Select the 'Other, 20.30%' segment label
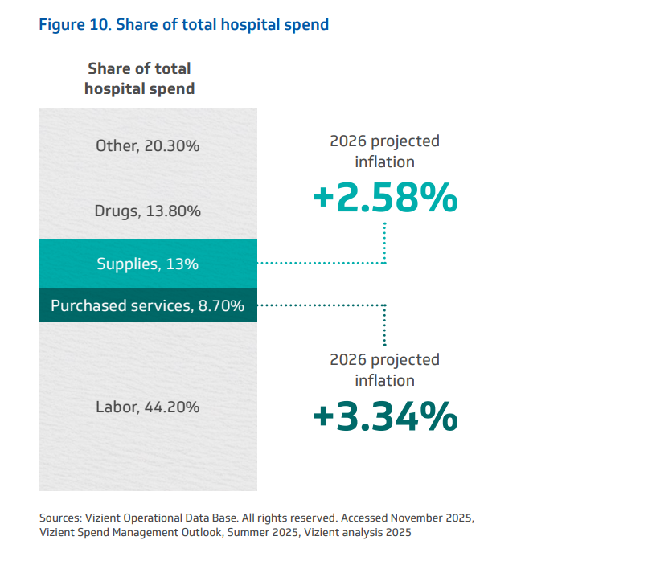click(147, 146)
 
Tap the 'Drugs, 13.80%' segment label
click(147, 211)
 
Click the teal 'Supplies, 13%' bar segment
click(147, 264)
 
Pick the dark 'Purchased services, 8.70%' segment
click(147, 305)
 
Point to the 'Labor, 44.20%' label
click(147, 407)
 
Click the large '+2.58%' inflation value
click(385, 199)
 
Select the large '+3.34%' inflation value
click(385, 416)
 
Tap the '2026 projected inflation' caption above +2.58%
click(385, 151)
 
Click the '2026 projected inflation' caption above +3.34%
click(385, 370)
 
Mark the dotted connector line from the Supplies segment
click(322, 263)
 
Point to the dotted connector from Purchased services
click(322, 305)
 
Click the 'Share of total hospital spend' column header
click(139, 79)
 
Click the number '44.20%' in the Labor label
click(172, 407)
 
